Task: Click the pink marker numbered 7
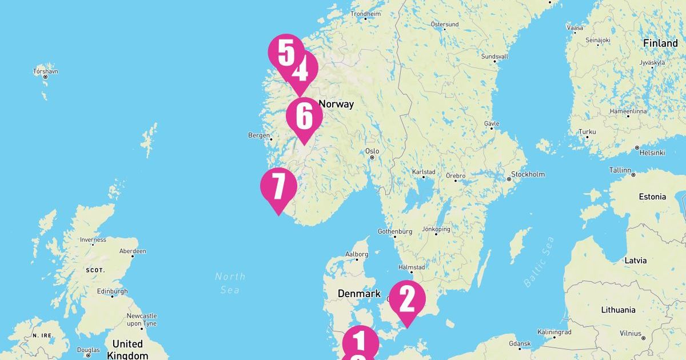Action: pyautogui.click(x=278, y=186)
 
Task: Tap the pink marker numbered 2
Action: pyautogui.click(x=407, y=298)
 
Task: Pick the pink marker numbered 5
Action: pyautogui.click(x=285, y=52)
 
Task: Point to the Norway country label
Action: pyautogui.click(x=336, y=104)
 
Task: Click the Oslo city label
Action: pyautogui.click(x=372, y=151)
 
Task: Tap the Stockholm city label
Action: pyautogui.click(x=528, y=174)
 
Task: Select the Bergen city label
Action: pyautogui.click(x=258, y=135)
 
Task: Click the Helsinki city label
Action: pyautogui.click(x=652, y=153)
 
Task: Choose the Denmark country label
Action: pyautogui.click(x=359, y=294)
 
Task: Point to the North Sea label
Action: pyautogui.click(x=230, y=283)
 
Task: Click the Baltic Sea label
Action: pyautogui.click(x=539, y=262)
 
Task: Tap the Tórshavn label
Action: pyautogui.click(x=46, y=71)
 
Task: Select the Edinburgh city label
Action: pyautogui.click(x=112, y=291)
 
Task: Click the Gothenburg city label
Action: pyautogui.click(x=395, y=231)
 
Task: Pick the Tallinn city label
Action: pyautogui.click(x=620, y=170)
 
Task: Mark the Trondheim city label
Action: pyautogui.click(x=365, y=14)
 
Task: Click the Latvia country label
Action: pyautogui.click(x=636, y=261)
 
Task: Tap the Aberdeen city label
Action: pyautogui.click(x=133, y=251)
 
